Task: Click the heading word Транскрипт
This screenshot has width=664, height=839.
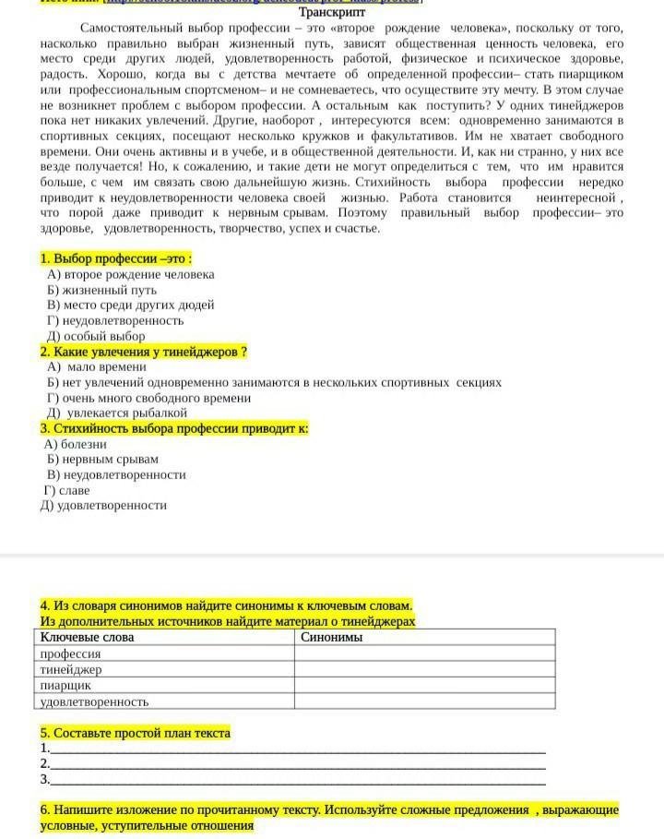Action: (x=332, y=13)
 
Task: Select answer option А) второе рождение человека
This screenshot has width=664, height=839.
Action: (x=130, y=274)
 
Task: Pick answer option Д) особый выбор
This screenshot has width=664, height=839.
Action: (x=96, y=336)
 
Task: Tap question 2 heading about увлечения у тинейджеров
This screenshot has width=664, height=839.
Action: (x=144, y=352)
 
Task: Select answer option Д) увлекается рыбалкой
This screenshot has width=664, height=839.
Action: (x=117, y=413)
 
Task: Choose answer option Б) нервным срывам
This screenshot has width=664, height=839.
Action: (x=102, y=459)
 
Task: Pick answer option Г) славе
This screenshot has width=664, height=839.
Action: (x=68, y=490)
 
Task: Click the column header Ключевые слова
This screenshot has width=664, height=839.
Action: (x=88, y=637)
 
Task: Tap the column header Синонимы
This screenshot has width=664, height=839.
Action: (x=332, y=637)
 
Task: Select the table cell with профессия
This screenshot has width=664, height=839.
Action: (x=70, y=653)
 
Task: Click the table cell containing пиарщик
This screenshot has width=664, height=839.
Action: (x=65, y=686)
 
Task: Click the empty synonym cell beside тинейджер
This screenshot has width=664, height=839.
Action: (x=424, y=669)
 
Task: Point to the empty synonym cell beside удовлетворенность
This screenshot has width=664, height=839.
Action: (x=424, y=701)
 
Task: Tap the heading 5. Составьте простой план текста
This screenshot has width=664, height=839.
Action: (x=136, y=733)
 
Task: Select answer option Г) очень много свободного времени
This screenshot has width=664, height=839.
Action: (x=148, y=398)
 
